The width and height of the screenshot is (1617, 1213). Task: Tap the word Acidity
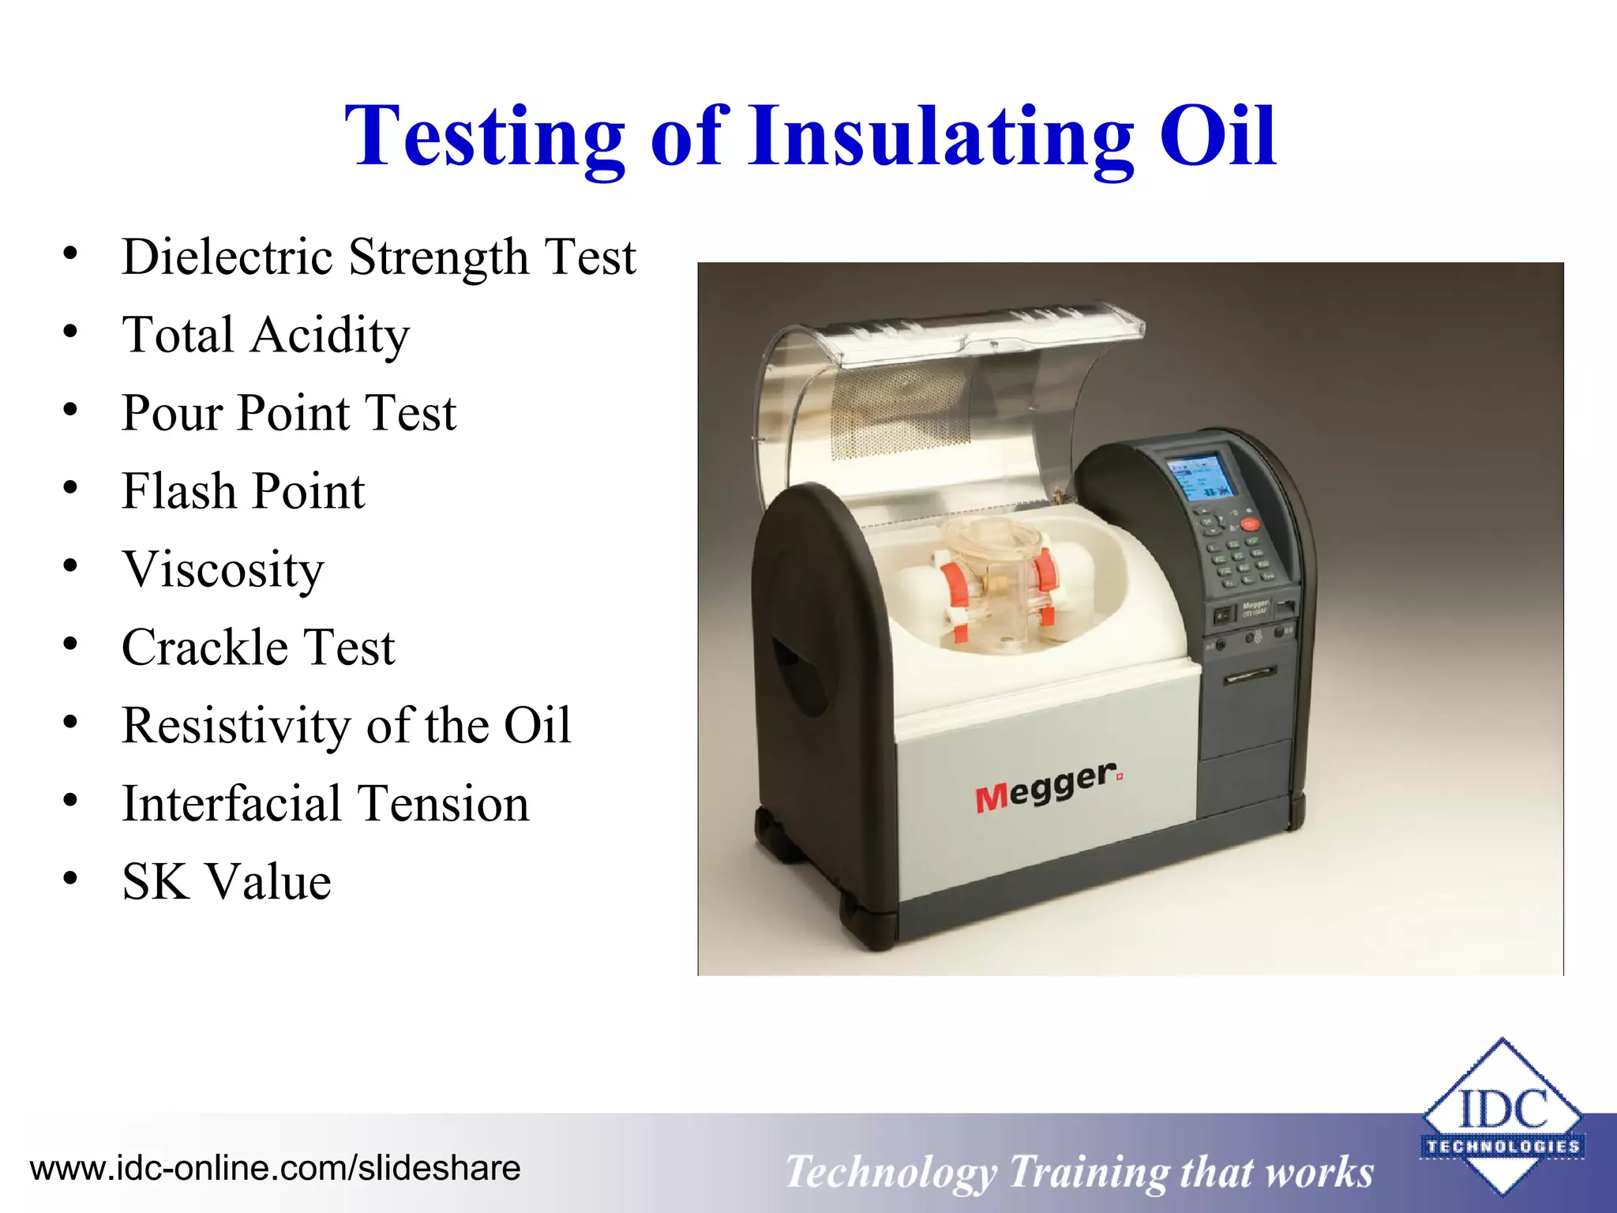pos(330,335)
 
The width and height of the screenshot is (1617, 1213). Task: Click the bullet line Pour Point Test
pos(289,413)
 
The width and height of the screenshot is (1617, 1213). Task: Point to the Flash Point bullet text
pos(243,491)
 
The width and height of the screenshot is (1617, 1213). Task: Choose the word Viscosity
pos(223,569)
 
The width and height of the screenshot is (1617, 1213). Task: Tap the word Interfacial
pos(231,803)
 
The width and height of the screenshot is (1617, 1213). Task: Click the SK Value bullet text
pos(227,881)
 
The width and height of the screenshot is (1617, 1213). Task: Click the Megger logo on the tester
pos(1047,787)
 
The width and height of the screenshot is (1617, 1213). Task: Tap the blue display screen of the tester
pos(1199,479)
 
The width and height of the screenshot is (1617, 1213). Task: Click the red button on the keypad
pos(1250,524)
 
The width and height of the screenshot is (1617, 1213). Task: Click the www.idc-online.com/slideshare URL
pos(275,1168)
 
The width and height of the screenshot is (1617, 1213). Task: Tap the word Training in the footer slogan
pos(1086,1172)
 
